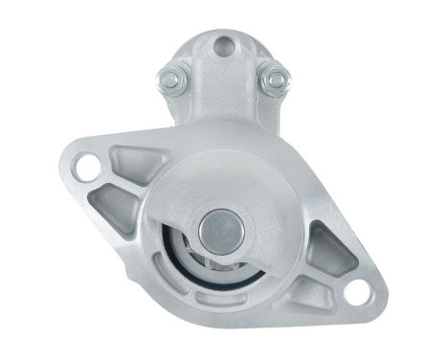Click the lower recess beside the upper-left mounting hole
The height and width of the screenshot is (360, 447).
[x=114, y=202]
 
